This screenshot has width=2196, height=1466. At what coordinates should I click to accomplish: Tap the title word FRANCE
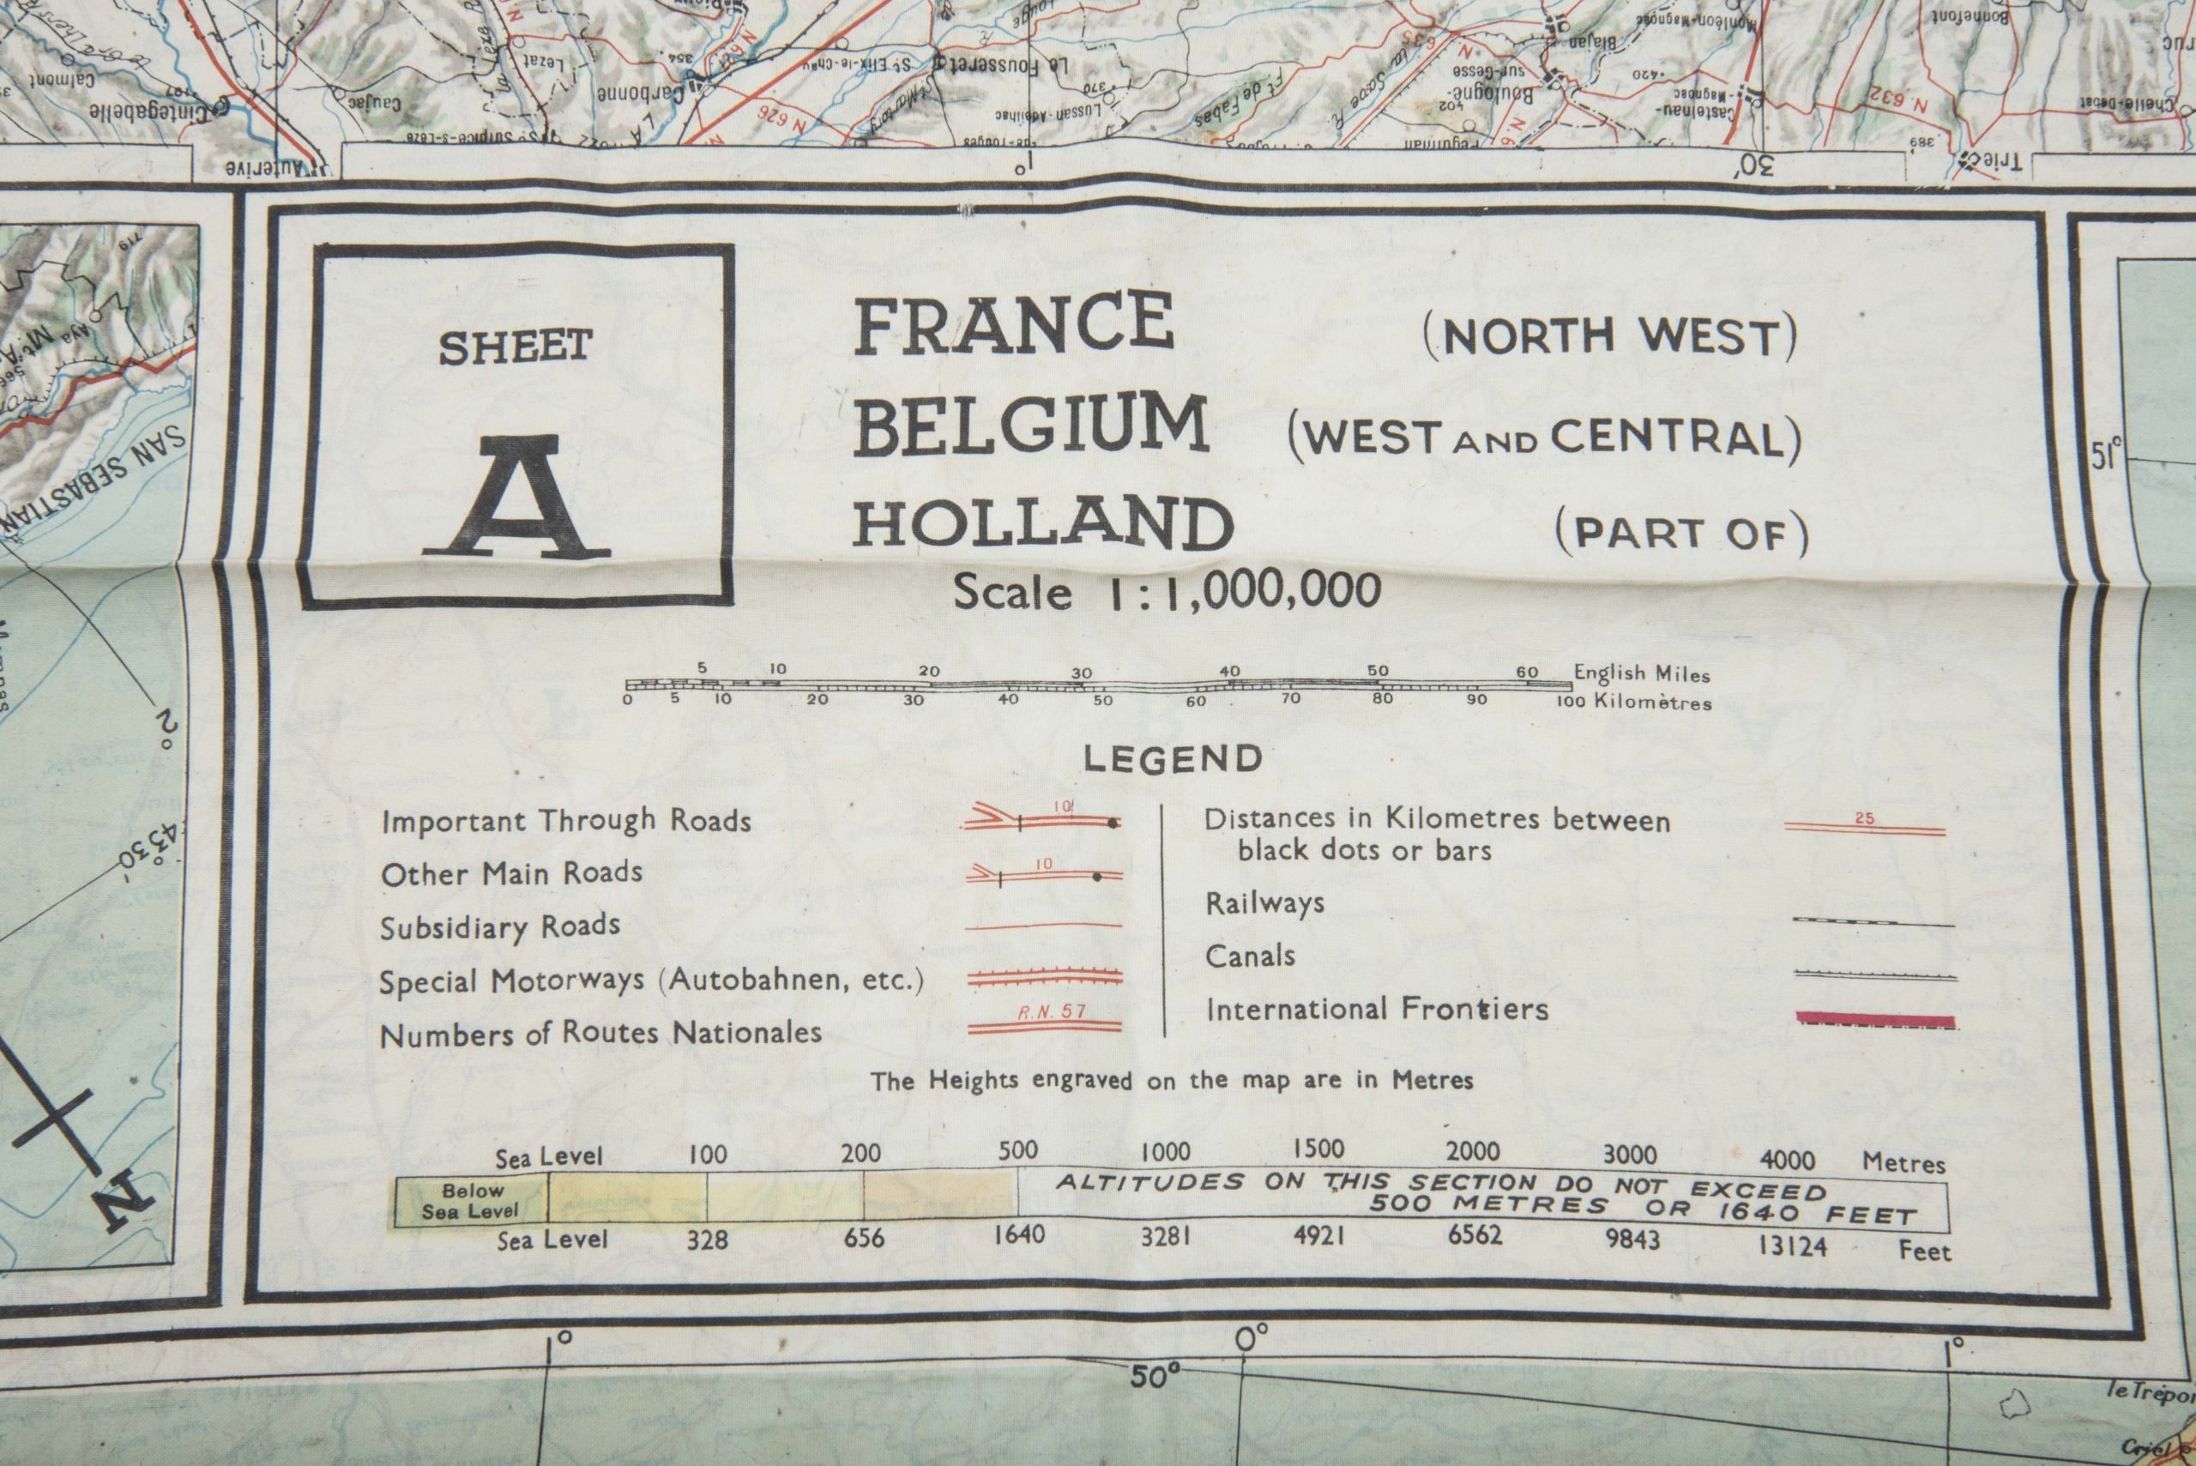[1013, 323]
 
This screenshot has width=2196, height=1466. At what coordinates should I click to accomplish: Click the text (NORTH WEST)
[1609, 337]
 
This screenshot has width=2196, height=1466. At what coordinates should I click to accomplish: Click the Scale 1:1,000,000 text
[1166, 592]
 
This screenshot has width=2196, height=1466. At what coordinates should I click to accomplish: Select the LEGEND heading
[1173, 758]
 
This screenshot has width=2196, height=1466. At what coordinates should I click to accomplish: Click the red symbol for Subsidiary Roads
[1043, 926]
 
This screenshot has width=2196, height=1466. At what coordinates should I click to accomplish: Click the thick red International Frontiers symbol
[1873, 1020]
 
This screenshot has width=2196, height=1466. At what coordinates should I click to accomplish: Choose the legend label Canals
[1250, 956]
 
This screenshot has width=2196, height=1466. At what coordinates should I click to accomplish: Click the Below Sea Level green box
[471, 1200]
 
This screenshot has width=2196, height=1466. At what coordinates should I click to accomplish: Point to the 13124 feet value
[1791, 1246]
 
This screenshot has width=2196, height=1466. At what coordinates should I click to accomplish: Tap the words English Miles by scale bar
[1642, 673]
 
